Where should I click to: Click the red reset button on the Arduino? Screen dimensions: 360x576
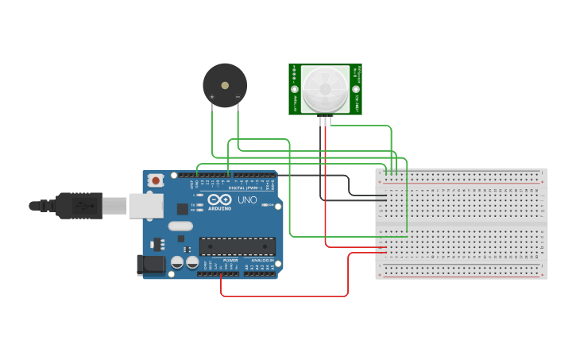click(x=156, y=180)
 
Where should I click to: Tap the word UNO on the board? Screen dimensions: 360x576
click(x=247, y=199)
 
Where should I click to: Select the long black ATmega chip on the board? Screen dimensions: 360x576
click(x=238, y=246)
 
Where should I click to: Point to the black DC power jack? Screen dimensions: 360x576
click(x=151, y=265)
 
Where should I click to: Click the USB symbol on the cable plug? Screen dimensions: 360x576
click(x=83, y=206)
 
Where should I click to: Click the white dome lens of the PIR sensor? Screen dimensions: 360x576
click(x=325, y=88)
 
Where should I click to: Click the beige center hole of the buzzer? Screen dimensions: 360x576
click(x=225, y=83)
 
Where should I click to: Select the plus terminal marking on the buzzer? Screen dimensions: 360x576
click(x=212, y=97)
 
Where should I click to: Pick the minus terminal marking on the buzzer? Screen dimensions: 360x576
click(x=238, y=97)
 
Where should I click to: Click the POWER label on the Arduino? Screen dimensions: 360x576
click(x=230, y=260)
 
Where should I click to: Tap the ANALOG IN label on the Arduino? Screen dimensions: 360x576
click(x=262, y=260)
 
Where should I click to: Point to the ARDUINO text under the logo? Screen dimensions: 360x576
click(x=220, y=208)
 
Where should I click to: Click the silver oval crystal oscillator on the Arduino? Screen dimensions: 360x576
click(x=180, y=226)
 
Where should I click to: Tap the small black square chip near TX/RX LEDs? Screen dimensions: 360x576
click(x=182, y=209)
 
